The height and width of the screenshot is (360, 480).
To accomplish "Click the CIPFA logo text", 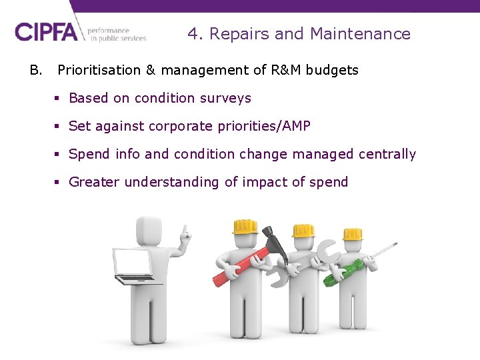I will coord(46,32).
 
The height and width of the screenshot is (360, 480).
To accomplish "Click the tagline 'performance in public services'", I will coord(116,34).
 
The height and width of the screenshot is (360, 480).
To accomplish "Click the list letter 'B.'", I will coord(35,70).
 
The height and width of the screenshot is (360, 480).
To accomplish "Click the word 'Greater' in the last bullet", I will coord(94,182).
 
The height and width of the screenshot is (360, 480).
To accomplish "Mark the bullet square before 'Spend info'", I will coord(57,155).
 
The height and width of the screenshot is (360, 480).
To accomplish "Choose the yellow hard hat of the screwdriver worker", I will coord(352,233).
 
